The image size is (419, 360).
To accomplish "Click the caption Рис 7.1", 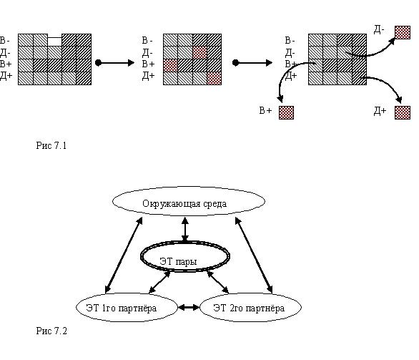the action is coord(51,145).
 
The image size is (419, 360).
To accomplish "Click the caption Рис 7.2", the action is coord(51,331).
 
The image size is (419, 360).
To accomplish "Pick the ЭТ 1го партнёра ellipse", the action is coord(127,294).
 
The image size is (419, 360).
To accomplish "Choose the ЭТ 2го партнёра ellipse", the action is coord(251,294).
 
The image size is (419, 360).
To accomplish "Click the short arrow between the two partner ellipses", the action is coord(189,307).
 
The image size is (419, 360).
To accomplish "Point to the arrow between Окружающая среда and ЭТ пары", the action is coord(185,229).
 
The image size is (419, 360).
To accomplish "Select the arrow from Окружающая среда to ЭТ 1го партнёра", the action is coord(124,256).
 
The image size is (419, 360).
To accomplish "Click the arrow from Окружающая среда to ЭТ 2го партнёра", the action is coord(254,256).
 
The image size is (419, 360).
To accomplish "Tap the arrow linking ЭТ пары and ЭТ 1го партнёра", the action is coord(159,282).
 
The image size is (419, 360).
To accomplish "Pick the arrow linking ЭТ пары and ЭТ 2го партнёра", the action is coord(218,282).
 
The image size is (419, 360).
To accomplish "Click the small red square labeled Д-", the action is coord(403,32).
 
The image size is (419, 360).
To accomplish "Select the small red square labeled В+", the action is coord(286,112).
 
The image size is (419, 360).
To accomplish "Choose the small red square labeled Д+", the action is coord(403,112).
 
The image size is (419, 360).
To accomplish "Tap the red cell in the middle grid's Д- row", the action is coord(200,52).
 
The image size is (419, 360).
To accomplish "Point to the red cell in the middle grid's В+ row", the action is coord(170,65).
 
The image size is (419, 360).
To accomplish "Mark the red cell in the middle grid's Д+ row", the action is coord(215,78).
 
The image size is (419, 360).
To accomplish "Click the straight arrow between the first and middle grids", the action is coord(115,63).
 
